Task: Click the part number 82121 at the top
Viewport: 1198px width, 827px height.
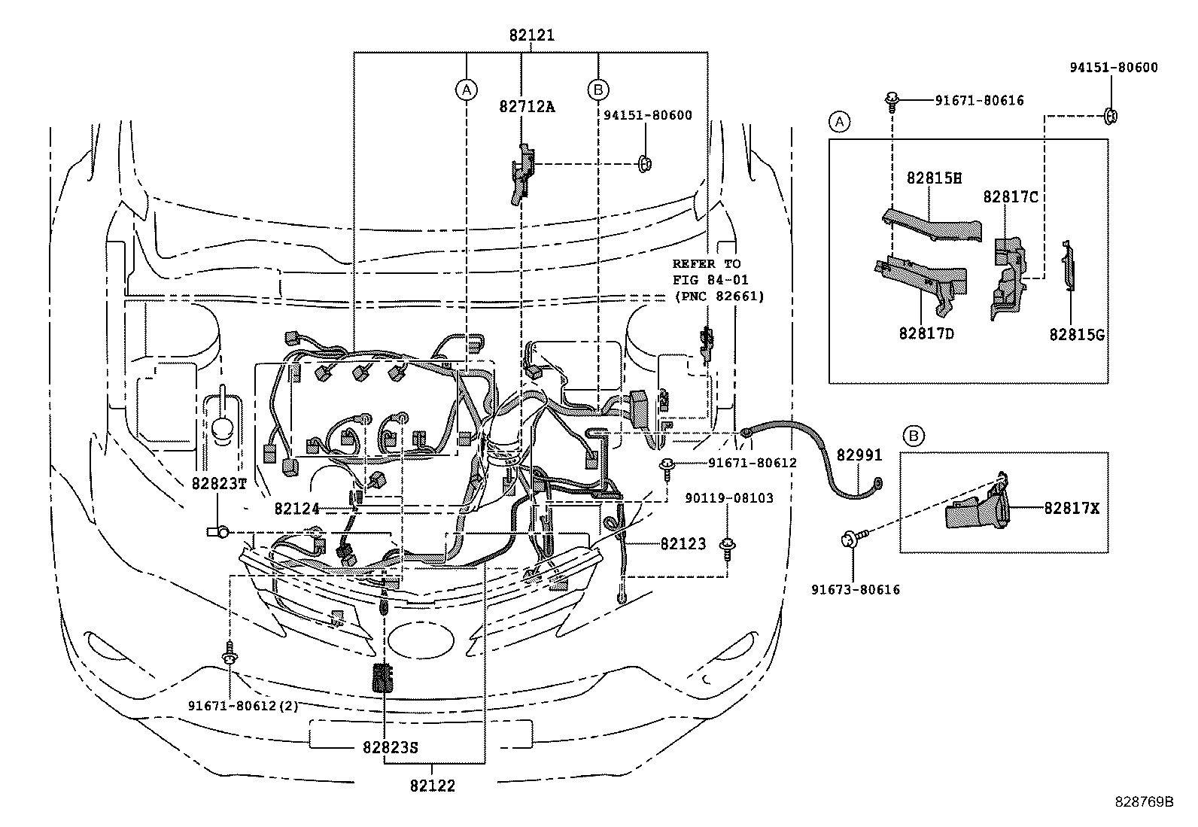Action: (531, 35)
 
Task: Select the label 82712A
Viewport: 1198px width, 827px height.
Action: (527, 106)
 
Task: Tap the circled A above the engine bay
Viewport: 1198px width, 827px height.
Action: (467, 90)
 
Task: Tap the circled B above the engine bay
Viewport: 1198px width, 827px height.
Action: (598, 90)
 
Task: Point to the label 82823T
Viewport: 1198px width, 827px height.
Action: (219, 483)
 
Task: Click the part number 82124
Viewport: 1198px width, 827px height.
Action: (296, 509)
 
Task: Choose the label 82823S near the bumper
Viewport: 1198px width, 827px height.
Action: (390, 748)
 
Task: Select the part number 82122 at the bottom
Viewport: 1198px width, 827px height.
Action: (433, 786)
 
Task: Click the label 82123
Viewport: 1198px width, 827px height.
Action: (683, 543)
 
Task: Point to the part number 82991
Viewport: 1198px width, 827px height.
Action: (859, 456)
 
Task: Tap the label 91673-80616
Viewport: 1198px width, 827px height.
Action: (855, 589)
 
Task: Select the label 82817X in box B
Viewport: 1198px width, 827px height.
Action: (1072, 508)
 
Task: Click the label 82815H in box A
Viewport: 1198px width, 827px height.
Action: (934, 178)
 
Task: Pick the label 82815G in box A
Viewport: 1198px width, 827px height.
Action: (1077, 335)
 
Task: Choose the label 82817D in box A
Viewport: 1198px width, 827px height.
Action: (926, 332)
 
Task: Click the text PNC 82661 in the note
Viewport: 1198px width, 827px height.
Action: (718, 296)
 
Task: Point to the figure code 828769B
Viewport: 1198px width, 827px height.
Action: (1144, 801)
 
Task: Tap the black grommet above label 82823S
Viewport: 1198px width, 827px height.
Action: (384, 677)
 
